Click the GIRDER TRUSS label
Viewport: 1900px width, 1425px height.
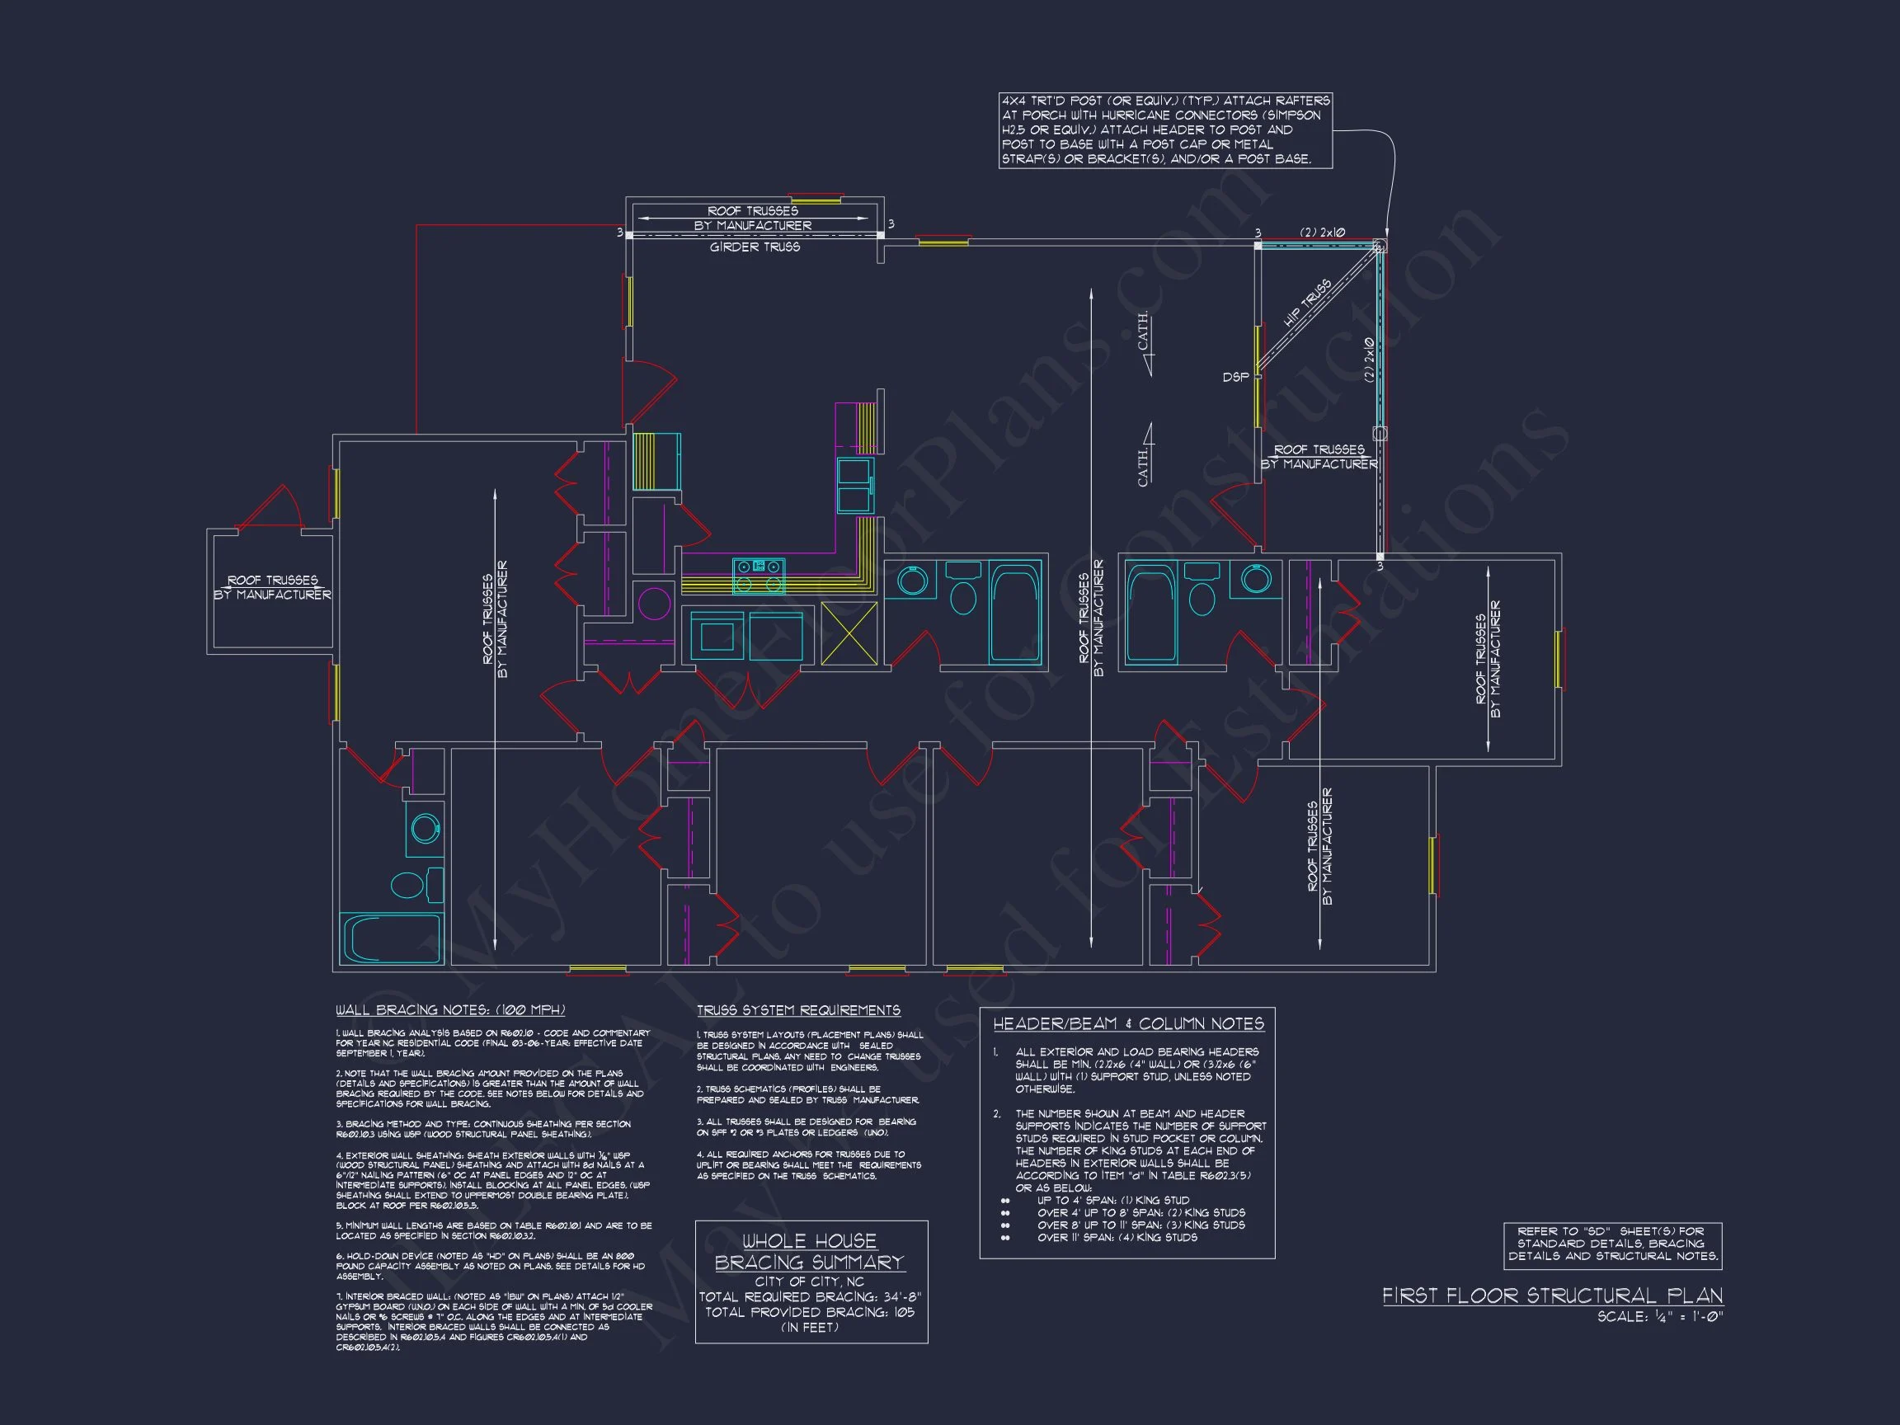[755, 247]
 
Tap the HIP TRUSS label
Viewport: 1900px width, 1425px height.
[1307, 303]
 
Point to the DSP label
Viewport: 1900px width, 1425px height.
[1235, 377]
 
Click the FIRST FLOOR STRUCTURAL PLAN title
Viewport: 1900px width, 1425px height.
[1552, 1296]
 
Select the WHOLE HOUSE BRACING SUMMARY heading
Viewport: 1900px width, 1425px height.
[810, 1252]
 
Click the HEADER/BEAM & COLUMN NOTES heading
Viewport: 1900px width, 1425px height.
[1129, 1024]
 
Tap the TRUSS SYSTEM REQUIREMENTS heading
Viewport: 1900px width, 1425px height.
[798, 1011]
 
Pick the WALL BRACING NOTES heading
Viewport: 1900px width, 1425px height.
[450, 1010]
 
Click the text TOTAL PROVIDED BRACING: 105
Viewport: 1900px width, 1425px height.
[810, 1313]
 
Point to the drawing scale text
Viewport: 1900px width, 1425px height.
[1659, 1317]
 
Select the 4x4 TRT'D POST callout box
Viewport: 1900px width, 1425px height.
[1164, 130]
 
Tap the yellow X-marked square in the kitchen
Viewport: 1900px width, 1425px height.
[849, 633]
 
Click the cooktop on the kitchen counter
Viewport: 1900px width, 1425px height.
[759, 575]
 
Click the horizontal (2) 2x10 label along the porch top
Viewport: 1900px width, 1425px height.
[1322, 233]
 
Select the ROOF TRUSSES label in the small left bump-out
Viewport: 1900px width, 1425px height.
[272, 587]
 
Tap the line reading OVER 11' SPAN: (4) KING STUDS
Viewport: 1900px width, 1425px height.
[1117, 1238]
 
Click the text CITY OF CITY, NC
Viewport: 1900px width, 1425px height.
[809, 1282]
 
